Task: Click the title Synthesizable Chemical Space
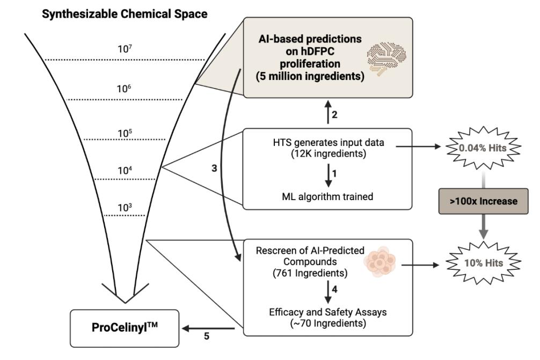[x=125, y=14]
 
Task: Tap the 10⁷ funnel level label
[x=125, y=49]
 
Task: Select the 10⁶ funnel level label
[x=125, y=89]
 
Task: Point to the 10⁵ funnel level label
[x=125, y=133]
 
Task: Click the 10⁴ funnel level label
[x=125, y=170]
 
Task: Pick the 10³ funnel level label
[x=125, y=207]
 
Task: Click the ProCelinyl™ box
[x=123, y=328]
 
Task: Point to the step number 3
[x=214, y=168]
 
